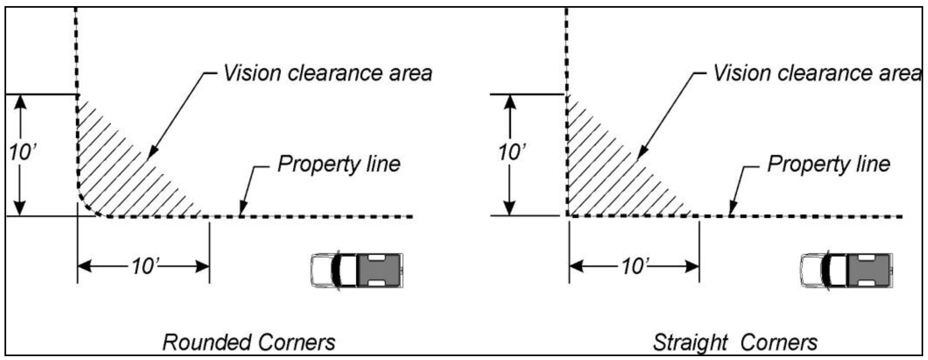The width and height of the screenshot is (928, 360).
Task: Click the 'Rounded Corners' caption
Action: (x=249, y=342)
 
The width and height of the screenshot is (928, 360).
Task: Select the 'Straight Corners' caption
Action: (x=735, y=342)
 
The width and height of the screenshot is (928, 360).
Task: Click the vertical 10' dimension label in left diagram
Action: (x=22, y=152)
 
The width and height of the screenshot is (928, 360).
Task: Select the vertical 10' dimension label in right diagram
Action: (x=511, y=152)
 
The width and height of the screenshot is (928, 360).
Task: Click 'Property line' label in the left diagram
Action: (x=339, y=164)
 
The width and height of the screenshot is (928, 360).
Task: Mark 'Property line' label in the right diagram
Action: (x=829, y=164)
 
